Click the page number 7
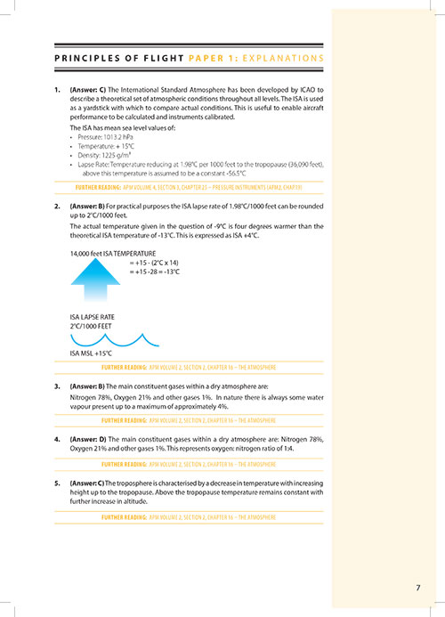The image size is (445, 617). coord(418,587)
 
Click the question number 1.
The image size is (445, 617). coord(58,91)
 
